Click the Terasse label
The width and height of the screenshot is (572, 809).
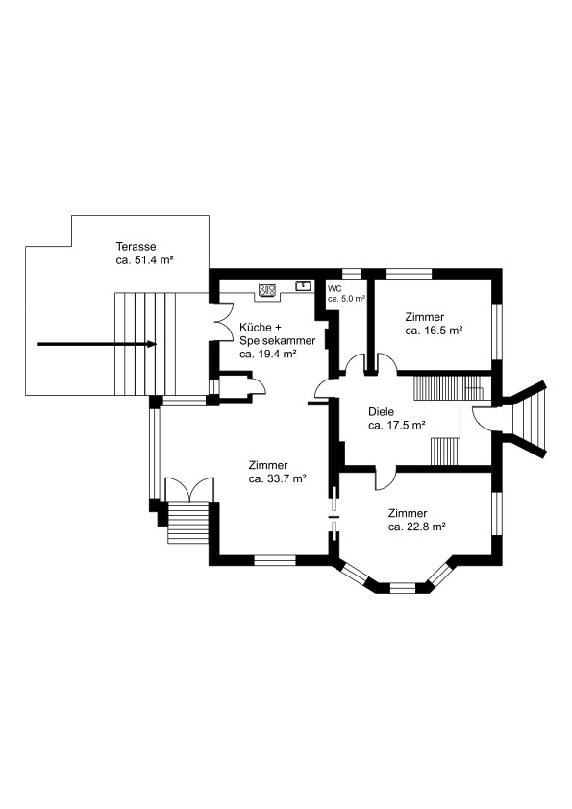coord(136,247)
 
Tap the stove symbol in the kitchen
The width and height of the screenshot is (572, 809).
coord(266,290)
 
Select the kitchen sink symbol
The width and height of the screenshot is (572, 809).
coord(303,285)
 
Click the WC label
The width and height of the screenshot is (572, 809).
coord(335,289)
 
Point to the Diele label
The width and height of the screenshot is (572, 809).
coord(381,412)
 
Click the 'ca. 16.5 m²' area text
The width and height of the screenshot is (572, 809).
coord(434,331)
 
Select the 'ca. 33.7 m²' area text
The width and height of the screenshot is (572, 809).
coord(278,478)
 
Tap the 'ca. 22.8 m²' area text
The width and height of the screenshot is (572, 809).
coord(417,527)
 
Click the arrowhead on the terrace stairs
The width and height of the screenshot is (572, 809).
coord(152,344)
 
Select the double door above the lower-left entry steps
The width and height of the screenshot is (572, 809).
coord(189,489)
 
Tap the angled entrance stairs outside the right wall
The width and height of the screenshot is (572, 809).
coord(528,418)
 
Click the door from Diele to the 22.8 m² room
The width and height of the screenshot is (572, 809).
coord(385,478)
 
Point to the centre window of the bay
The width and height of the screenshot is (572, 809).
coord(403,588)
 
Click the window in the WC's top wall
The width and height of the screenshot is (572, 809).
coord(351,274)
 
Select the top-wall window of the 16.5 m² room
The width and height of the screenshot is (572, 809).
coord(410,274)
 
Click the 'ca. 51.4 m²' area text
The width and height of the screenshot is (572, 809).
coord(144,260)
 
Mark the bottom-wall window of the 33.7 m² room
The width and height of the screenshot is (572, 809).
coord(275,560)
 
